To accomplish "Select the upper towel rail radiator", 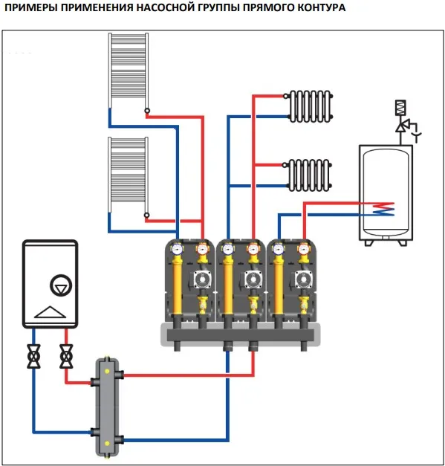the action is click(x=129, y=71).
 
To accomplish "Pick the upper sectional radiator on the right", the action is click(x=309, y=106).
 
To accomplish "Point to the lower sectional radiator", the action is click(x=308, y=175).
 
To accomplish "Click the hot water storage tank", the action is click(x=386, y=195).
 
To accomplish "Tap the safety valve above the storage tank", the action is click(x=405, y=122).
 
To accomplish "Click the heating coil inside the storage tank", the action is click(x=383, y=209).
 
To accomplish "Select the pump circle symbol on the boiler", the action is click(x=61, y=285).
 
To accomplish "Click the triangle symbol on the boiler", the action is click(x=50, y=312).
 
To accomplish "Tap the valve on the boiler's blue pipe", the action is click(x=33, y=356).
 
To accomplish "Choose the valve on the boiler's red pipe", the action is click(x=66, y=356).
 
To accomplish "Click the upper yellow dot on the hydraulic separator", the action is click(x=107, y=371).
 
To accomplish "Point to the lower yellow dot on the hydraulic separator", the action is click(x=107, y=444).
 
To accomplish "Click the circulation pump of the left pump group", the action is click(x=202, y=279).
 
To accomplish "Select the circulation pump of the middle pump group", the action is click(x=253, y=279).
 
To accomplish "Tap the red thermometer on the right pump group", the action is click(x=303, y=249).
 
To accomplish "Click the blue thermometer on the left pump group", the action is click(x=177, y=249).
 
